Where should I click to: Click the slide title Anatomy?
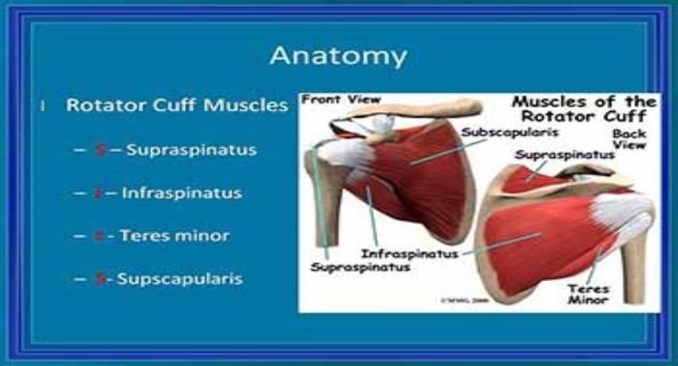pyautogui.click(x=338, y=56)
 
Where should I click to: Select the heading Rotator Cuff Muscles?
pyautogui.click(x=177, y=105)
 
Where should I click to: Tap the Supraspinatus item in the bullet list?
pyautogui.click(x=191, y=150)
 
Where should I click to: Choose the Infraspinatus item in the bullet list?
pyautogui.click(x=182, y=192)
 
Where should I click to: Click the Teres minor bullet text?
pyautogui.click(x=174, y=235)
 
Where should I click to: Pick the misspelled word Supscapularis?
pyautogui.click(x=180, y=278)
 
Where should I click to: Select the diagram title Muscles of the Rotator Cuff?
pyautogui.click(x=583, y=110)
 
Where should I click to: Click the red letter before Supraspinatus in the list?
pyautogui.click(x=100, y=150)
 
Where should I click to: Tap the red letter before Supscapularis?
pyautogui.click(x=100, y=278)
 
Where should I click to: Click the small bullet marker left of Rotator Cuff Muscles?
pyautogui.click(x=44, y=105)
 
